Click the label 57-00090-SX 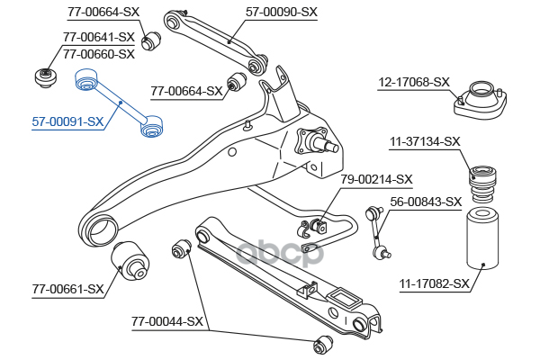point(282,13)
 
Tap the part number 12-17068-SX point(413,82)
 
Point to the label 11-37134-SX point(424,141)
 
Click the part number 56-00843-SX point(425,202)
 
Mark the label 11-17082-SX point(434,284)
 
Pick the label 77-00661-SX point(67,290)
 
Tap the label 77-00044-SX point(167,321)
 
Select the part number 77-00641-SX point(98,38)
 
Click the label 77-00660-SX point(98,54)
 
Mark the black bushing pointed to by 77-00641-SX point(44,76)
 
